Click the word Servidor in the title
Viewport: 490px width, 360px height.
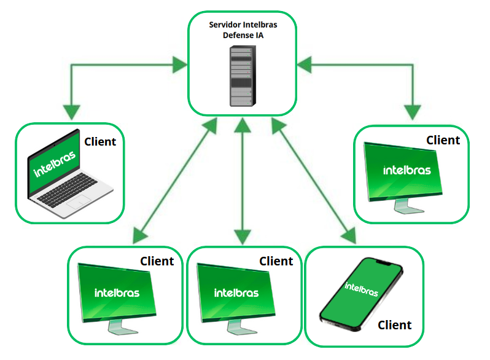[224, 24]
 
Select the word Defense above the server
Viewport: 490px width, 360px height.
[236, 35]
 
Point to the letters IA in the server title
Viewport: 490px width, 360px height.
[260, 35]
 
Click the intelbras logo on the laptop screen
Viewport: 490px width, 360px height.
[55, 163]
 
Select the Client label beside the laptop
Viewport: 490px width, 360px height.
[100, 142]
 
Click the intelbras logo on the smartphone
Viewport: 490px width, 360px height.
[362, 288]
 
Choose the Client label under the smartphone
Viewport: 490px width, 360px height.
[394, 324]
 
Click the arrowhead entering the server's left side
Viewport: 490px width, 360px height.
[179, 63]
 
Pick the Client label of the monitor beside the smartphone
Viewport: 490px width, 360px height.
[276, 261]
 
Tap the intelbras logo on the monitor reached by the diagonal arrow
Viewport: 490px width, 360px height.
[117, 293]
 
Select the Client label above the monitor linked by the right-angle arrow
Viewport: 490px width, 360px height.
[443, 140]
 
